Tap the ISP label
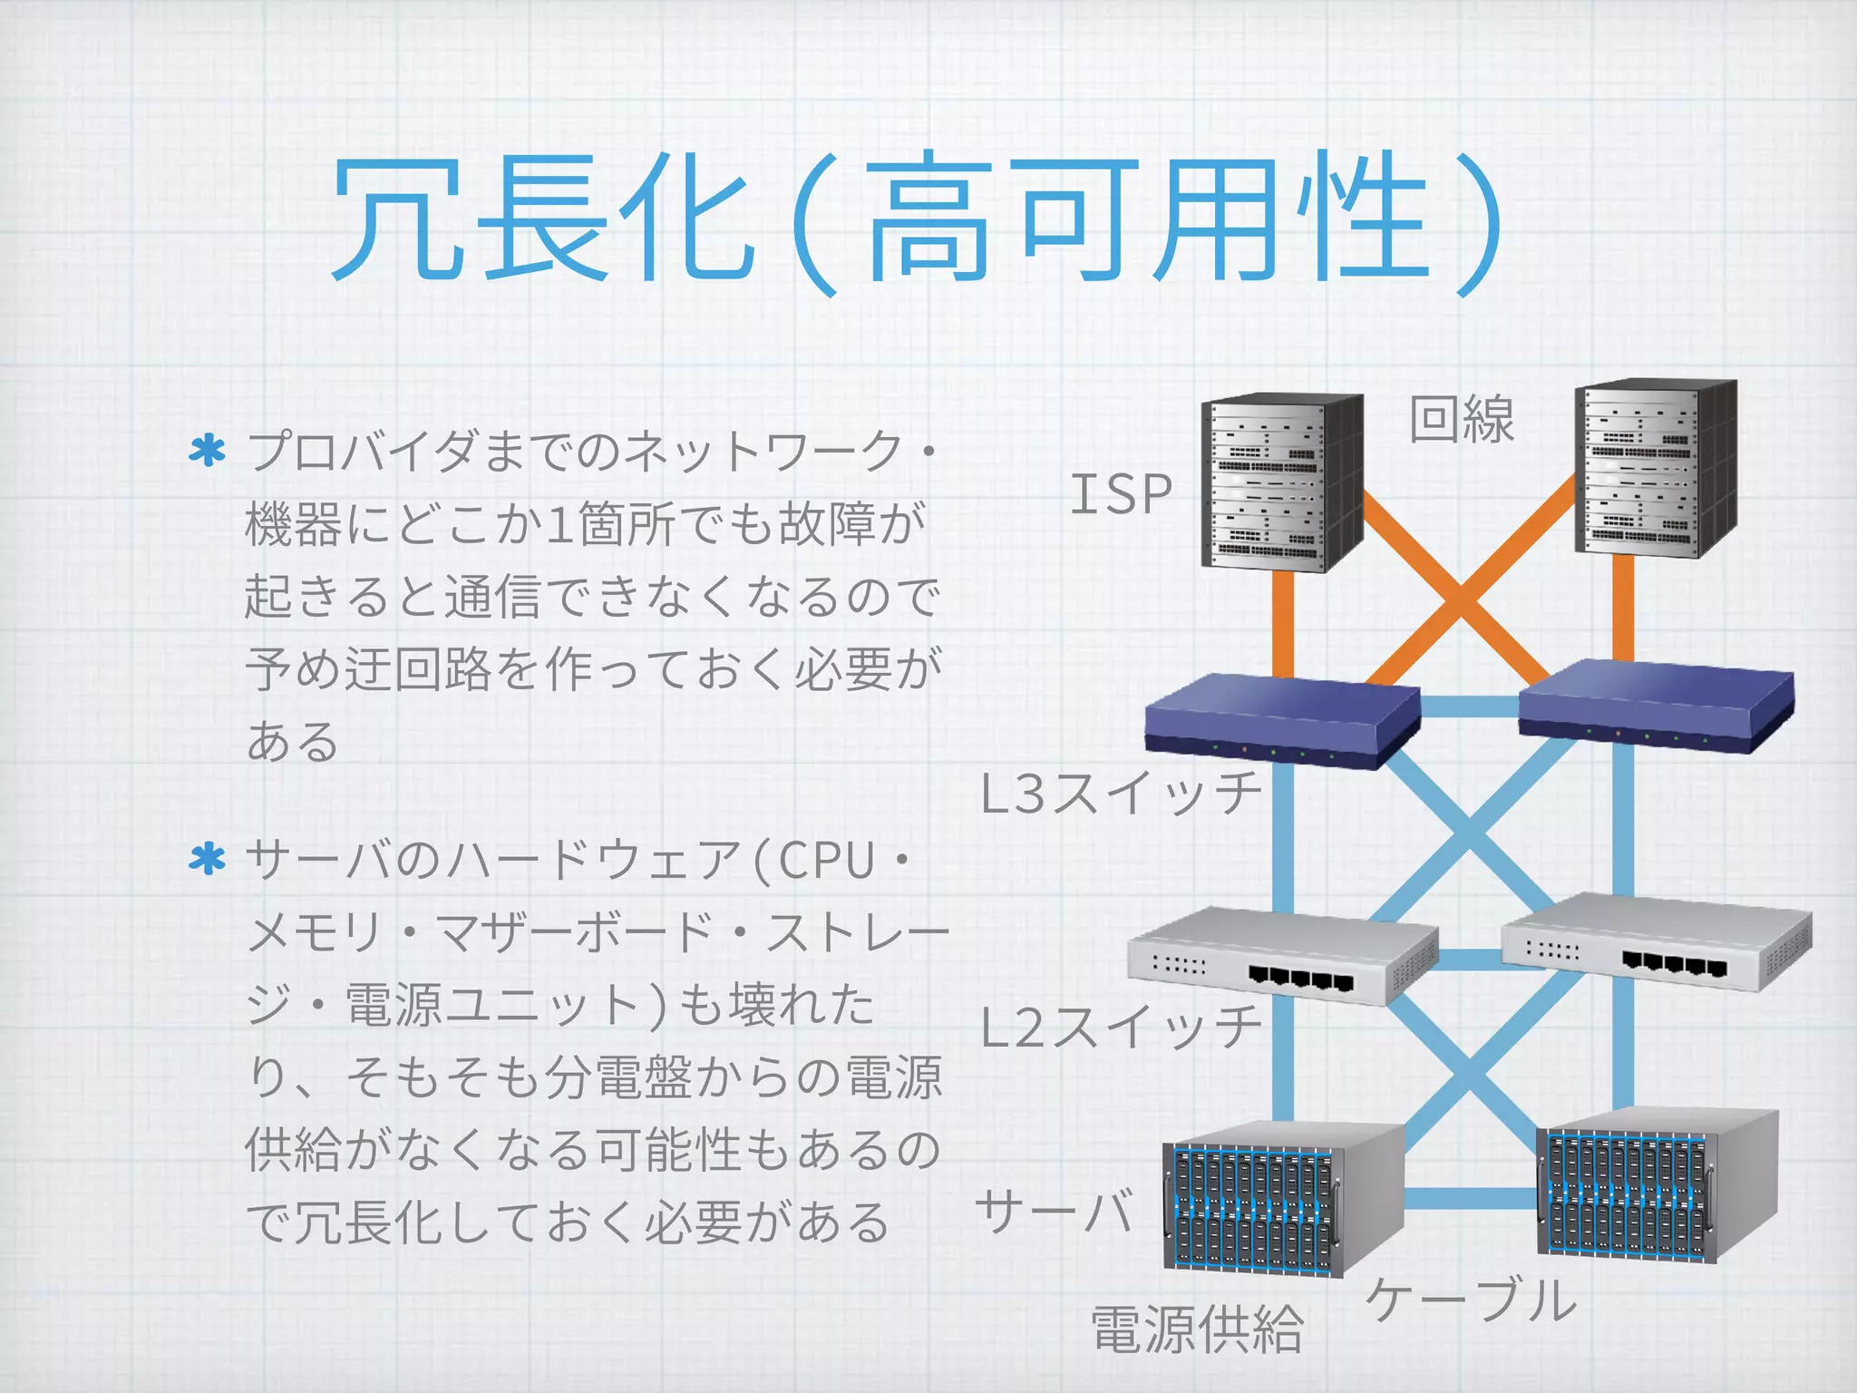point(1122,494)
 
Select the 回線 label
point(1462,420)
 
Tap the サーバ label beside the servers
point(1055,1212)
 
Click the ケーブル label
point(1472,1300)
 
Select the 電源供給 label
point(1197,1330)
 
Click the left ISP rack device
point(1281,482)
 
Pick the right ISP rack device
point(1656,468)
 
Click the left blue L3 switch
point(1281,724)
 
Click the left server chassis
point(1281,1199)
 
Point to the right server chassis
point(1656,1186)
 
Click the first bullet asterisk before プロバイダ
point(207,452)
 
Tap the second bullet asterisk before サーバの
point(207,859)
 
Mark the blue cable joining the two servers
point(1471,1199)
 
